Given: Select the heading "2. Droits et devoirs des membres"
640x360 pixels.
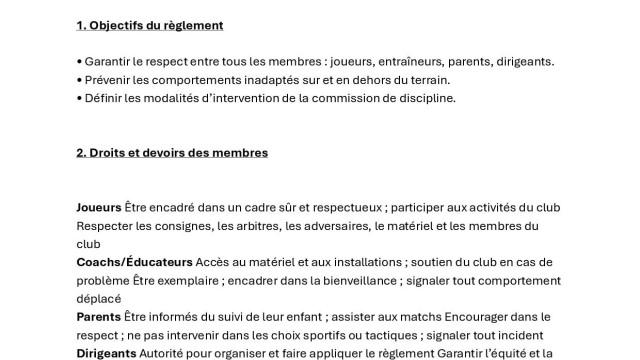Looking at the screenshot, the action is pyautogui.click(x=172, y=153).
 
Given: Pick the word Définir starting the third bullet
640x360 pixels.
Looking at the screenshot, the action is pyautogui.click(x=106, y=98).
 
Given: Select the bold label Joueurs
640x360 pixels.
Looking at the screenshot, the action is pyautogui.click(x=99, y=208).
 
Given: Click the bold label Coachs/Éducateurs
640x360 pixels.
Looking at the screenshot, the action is pyautogui.click(x=135, y=262).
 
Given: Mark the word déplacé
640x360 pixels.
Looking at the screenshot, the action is pyautogui.click(x=99, y=298).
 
